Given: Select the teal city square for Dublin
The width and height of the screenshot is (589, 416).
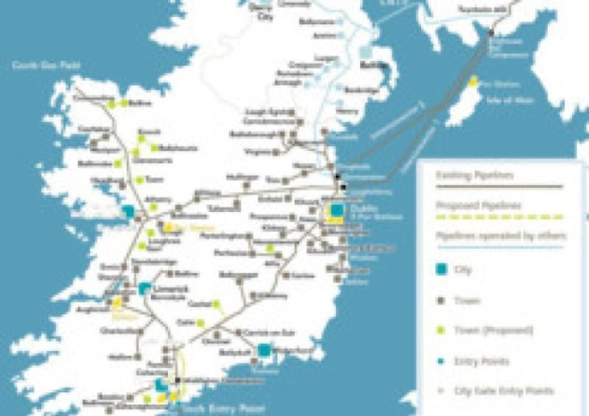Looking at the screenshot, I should [x=336, y=211].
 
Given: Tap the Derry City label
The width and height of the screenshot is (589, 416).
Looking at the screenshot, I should [x=263, y=15].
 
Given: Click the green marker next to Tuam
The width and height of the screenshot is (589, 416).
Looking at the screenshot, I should [x=138, y=179].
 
